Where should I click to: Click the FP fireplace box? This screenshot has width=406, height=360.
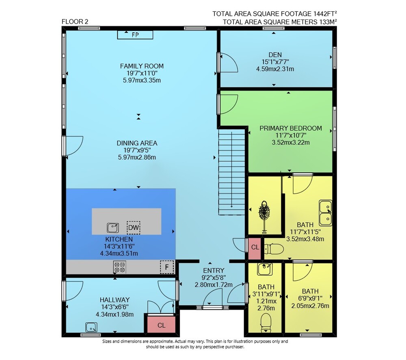coord(135,35)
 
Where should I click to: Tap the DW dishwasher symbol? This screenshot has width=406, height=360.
coord(133,228)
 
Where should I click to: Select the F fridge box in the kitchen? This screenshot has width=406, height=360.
coord(167,267)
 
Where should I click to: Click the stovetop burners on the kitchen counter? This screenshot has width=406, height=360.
coord(120,267)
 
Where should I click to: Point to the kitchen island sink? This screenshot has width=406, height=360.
coord(113,228)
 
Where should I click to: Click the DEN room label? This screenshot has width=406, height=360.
coord(275,55)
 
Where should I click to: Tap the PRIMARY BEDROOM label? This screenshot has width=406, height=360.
coord(291,128)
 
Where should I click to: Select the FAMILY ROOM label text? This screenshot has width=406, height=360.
coord(142,66)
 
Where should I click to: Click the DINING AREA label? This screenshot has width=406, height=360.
coord(137,143)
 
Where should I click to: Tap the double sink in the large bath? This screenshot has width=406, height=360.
coord(326,213)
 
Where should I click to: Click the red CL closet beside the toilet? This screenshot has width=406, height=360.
coord(255,248)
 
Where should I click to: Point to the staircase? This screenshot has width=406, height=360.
coord(232,172)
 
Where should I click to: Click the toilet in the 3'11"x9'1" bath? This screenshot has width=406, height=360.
coord(266,323)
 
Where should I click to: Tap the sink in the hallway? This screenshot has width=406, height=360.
coord(91,327)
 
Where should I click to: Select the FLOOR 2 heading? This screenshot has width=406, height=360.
coord(75,22)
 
